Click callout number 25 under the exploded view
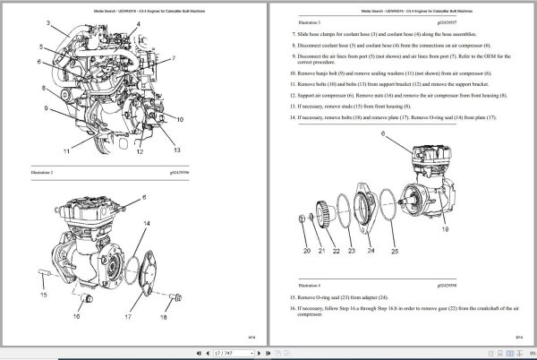tap(394, 253)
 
